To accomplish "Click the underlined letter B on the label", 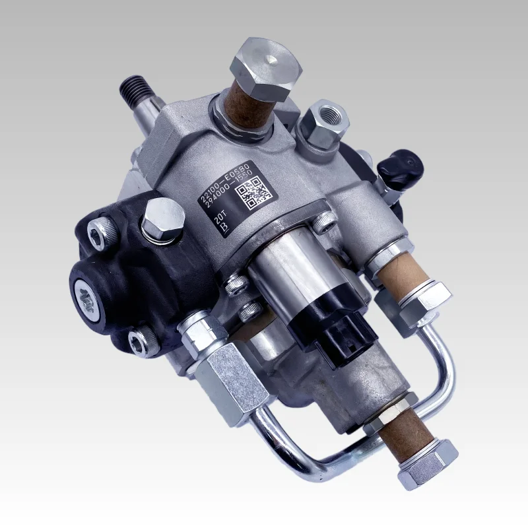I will (x=223, y=226).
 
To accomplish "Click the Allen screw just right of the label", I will (x=323, y=224).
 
